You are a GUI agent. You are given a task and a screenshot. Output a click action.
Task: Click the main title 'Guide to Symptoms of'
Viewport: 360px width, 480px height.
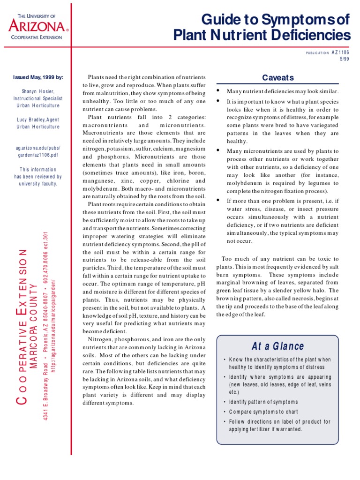point(276,20)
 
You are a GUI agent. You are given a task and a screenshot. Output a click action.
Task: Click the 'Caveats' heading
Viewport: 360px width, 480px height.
point(278,78)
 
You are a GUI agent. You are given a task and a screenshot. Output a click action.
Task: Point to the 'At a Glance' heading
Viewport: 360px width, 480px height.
point(277,346)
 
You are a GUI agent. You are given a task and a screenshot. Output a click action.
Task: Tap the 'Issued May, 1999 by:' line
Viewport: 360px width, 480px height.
point(37,77)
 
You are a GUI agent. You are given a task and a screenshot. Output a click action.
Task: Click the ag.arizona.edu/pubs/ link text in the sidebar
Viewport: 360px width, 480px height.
point(37,148)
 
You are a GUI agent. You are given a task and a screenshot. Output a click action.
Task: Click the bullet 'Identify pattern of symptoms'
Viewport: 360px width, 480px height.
point(263,402)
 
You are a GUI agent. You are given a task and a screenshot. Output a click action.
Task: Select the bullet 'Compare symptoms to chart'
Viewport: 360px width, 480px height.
point(263,412)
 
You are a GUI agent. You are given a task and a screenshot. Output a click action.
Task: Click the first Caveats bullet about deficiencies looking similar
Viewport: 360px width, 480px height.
point(283,91)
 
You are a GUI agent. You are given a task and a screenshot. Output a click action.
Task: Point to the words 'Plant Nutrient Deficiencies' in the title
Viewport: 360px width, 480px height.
point(262,36)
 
